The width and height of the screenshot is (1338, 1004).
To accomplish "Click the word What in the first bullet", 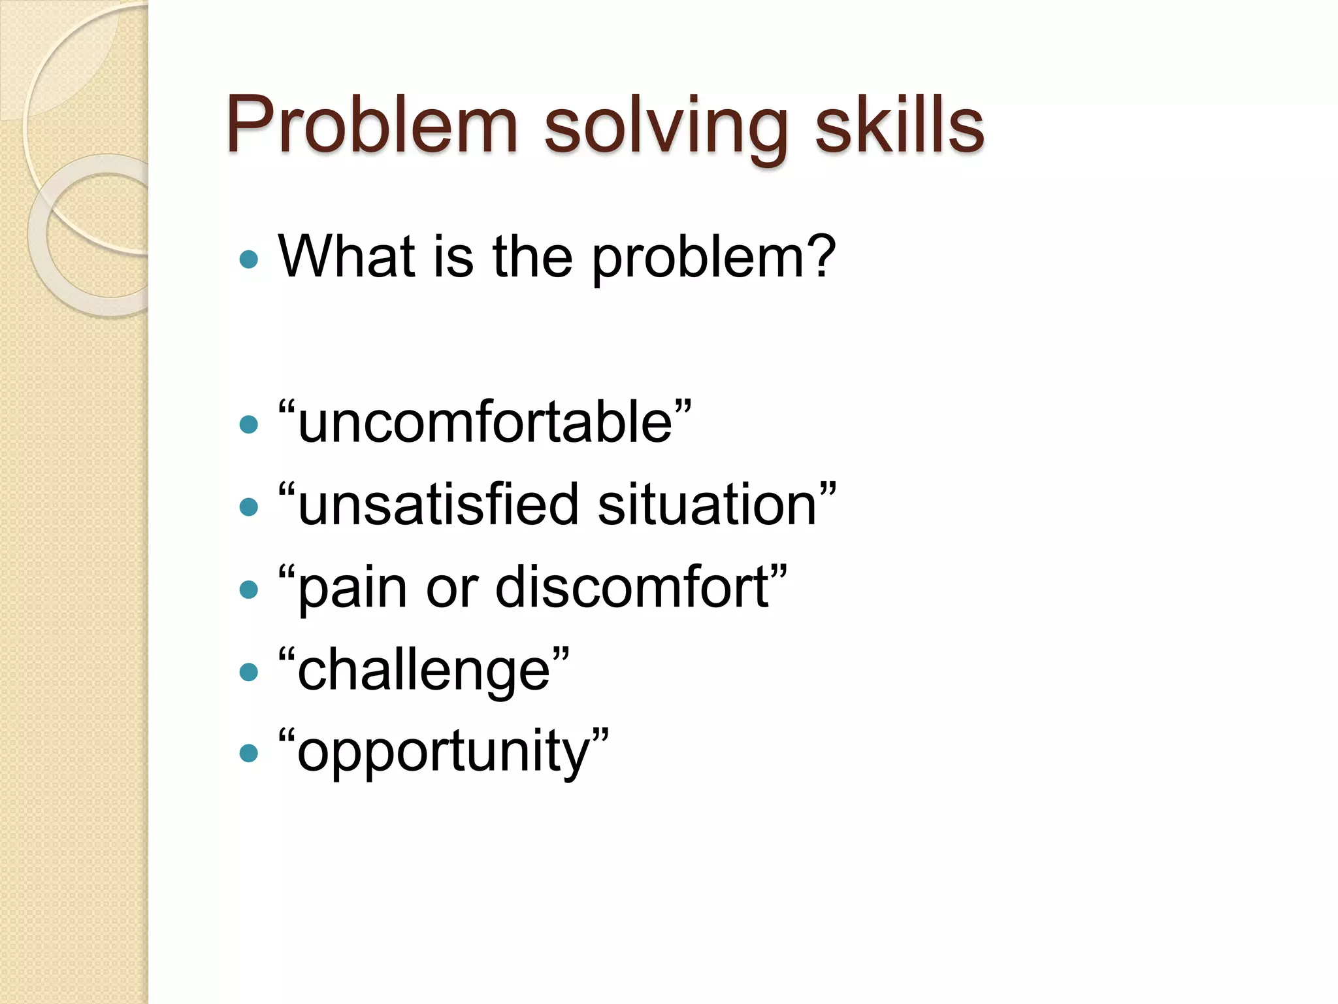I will point(346,256).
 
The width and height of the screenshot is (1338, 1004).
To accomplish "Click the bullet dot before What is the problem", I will point(249,259).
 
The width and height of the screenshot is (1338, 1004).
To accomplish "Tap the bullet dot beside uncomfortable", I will point(249,426).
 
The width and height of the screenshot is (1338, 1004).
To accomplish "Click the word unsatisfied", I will point(438,505).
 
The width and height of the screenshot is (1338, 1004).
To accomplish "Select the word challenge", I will point(424,671).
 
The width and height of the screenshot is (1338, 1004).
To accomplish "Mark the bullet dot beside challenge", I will point(249,672).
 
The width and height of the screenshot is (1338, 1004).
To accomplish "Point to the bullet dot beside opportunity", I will point(249,754).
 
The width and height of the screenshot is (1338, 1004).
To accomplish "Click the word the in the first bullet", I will point(532,256).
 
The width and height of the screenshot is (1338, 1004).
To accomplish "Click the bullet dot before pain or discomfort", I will point(249,590).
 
